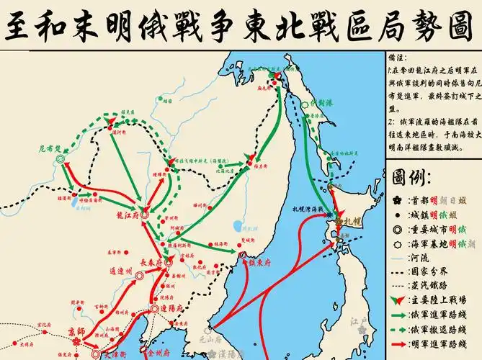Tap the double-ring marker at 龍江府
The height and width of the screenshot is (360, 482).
(144, 215)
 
